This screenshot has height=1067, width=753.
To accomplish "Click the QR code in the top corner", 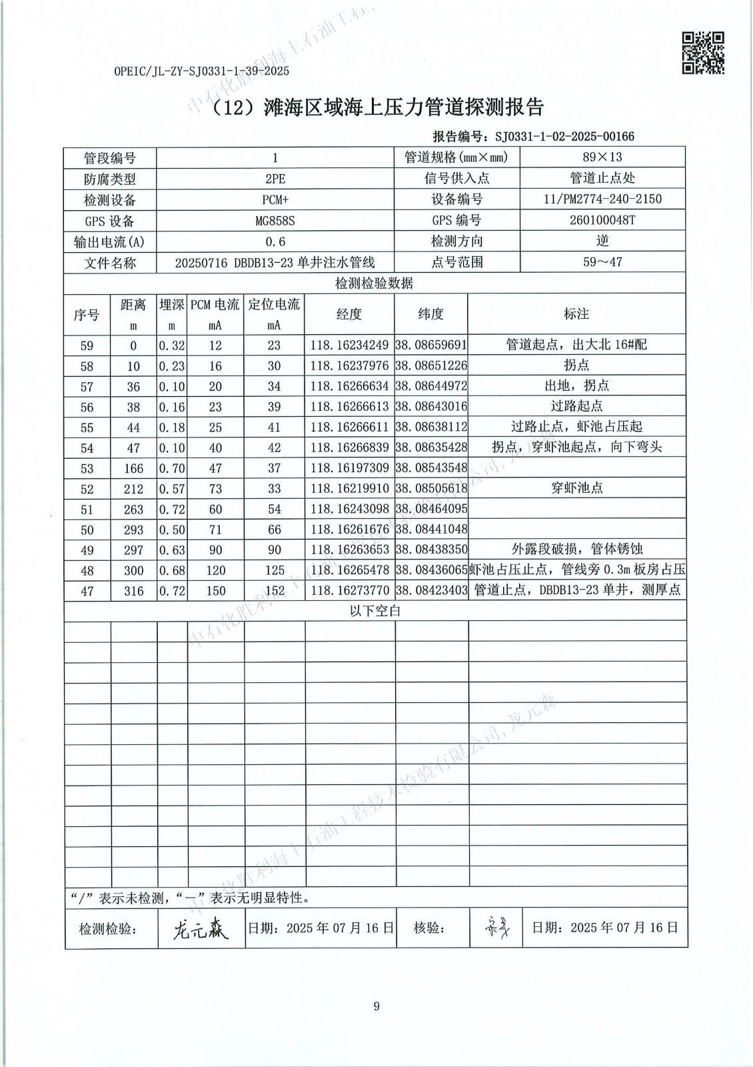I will (702, 53).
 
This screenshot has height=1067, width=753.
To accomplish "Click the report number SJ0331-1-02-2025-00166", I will (564, 137).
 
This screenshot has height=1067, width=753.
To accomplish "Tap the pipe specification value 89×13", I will (602, 157).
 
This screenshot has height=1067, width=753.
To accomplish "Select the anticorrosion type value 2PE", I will (275, 179).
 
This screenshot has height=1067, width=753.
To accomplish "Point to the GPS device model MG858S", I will (275, 221).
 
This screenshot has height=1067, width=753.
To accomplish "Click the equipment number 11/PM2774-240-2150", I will (602, 199).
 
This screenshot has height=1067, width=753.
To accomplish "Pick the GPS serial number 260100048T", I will (602, 220).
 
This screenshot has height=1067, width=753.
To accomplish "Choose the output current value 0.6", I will (275, 241).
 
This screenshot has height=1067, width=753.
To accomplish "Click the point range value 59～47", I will (602, 262).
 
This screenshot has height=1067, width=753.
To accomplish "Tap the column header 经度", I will (349, 314).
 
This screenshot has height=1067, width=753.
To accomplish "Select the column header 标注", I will (576, 314).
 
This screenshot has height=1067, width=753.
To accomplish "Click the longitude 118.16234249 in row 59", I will (349, 345).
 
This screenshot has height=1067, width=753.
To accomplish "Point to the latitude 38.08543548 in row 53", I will (431, 468).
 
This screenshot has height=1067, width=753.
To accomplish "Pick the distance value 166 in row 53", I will (133, 468).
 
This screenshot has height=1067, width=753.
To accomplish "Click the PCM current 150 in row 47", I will (215, 591).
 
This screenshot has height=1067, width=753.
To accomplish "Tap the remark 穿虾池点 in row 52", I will (576, 488).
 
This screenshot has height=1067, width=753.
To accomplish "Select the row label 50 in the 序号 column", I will (87, 529).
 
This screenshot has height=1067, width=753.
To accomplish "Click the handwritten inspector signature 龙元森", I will (200, 929).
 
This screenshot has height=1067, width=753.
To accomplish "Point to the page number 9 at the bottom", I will (376, 1006).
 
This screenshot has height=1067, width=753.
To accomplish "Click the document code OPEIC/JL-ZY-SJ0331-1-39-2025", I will (202, 71).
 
